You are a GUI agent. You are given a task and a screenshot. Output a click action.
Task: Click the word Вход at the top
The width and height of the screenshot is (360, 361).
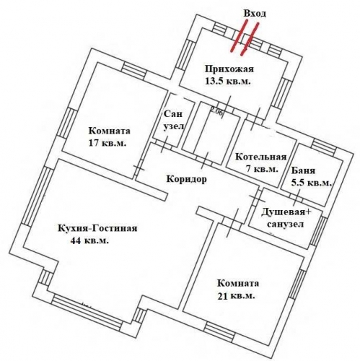point(255,13)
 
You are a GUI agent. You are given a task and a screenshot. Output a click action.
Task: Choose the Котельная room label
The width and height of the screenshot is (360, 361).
point(261,157)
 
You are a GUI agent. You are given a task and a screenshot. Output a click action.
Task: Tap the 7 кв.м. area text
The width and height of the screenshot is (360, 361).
point(260,168)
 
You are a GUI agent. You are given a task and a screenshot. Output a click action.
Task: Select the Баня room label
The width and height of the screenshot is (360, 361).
point(303,171)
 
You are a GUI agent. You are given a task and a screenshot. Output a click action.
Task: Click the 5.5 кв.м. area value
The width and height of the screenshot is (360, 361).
point(311,183)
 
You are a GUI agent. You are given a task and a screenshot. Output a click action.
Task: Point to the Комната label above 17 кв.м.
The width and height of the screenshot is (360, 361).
point(109,131)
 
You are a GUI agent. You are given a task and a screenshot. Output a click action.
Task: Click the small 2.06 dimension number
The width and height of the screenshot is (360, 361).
point(216,111)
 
